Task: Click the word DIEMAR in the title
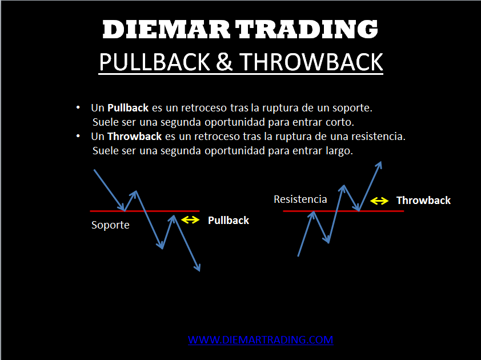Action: point(166,30)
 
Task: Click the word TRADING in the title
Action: point(307,30)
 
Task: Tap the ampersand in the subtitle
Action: point(225,62)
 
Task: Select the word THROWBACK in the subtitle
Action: point(311,62)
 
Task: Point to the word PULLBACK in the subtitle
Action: point(155,62)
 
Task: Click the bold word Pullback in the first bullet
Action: point(128,108)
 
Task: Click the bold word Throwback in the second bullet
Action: point(134,137)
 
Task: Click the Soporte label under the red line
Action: point(110,225)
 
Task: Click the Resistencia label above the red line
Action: point(300,199)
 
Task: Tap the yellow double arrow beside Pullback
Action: point(190,220)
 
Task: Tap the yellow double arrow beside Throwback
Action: point(379,201)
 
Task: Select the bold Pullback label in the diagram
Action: point(229,221)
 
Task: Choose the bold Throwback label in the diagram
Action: point(424,201)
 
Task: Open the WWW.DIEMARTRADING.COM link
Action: point(260,340)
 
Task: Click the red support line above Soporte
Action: point(145,211)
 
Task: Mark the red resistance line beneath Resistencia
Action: point(343,211)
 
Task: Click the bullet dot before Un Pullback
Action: point(78,107)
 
